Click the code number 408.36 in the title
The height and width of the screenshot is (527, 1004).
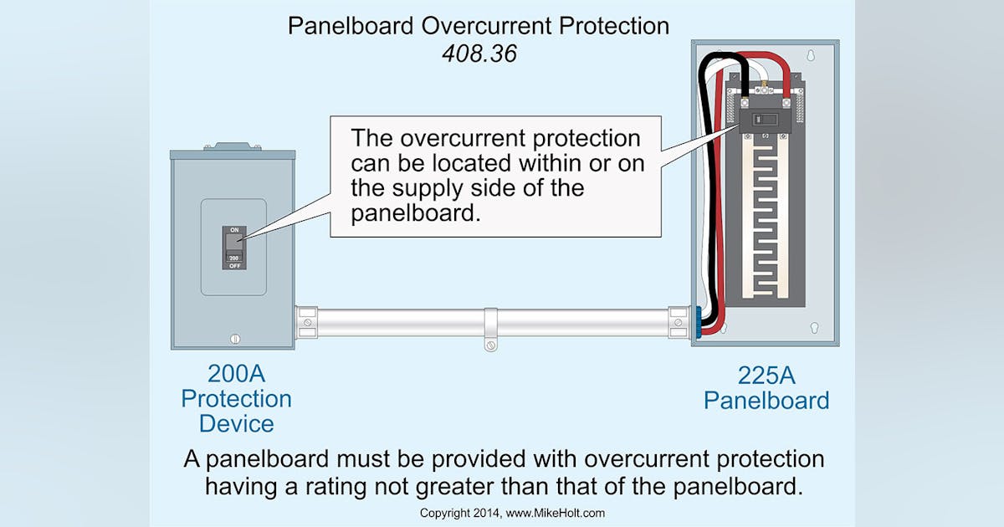coord(478,54)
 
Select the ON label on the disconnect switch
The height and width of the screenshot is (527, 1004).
coord(233,229)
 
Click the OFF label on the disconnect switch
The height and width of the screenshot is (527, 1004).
coord(233,265)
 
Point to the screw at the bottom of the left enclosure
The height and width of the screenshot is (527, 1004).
coord(234,338)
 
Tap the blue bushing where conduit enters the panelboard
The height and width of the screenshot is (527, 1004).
coord(695,323)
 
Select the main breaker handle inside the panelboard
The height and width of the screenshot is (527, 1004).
coord(762,119)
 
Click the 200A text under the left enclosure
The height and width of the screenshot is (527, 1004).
coord(236,372)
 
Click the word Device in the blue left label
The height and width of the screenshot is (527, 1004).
coord(236,423)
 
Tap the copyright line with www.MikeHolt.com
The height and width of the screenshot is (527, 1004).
coord(511,513)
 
